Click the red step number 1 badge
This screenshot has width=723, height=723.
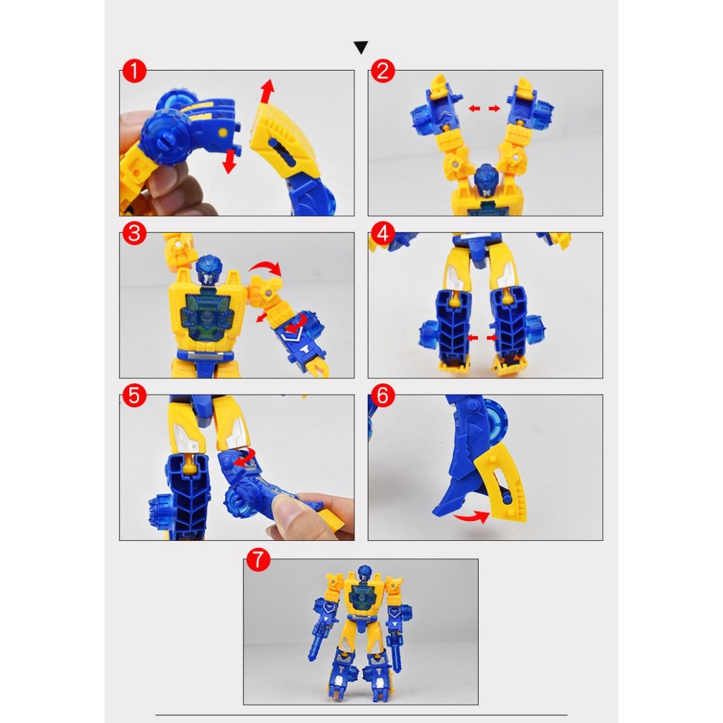click(x=134, y=71)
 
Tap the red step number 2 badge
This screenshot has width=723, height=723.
click(x=383, y=71)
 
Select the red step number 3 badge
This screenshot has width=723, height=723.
click(x=134, y=233)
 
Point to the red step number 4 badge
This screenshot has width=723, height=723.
click(x=383, y=233)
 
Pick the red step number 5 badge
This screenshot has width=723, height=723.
click(x=134, y=395)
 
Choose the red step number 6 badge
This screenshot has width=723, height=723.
click(x=383, y=395)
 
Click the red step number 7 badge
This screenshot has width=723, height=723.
click(x=258, y=560)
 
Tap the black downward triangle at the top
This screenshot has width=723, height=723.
click(x=361, y=47)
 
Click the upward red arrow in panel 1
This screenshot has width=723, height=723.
click(x=267, y=91)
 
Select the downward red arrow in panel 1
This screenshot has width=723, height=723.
click(x=229, y=163)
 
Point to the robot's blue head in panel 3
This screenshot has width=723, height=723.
click(x=209, y=269)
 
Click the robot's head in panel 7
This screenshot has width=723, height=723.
click(x=365, y=573)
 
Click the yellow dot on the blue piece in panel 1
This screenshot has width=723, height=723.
click(x=222, y=133)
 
